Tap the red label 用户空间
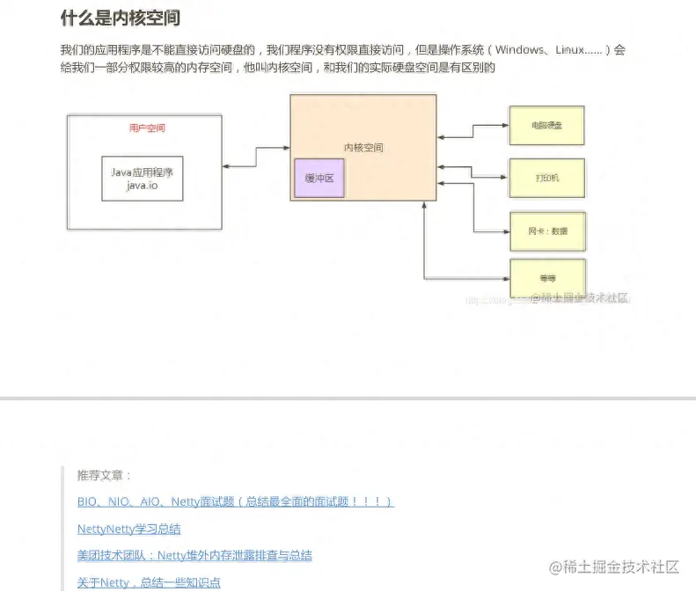pyautogui.click(x=146, y=128)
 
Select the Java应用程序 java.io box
pyautogui.click(x=143, y=179)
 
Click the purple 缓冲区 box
pyautogui.click(x=319, y=178)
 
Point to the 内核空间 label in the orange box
pyautogui.click(x=363, y=148)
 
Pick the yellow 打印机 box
pyautogui.click(x=546, y=179)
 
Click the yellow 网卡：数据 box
pyautogui.click(x=547, y=231)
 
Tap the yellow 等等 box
pyautogui.click(x=547, y=278)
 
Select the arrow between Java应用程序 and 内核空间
pyautogui.click(x=256, y=159)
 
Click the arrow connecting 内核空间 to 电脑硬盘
pyautogui.click(x=473, y=132)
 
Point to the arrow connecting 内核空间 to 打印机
pyautogui.click(x=473, y=172)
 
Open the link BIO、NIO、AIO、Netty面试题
pyautogui.click(x=235, y=502)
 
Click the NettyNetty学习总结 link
pyautogui.click(x=128, y=530)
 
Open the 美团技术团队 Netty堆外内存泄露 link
pyautogui.click(x=194, y=556)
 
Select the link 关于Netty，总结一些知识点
pyautogui.click(x=148, y=582)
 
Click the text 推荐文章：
pyautogui.click(x=104, y=476)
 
